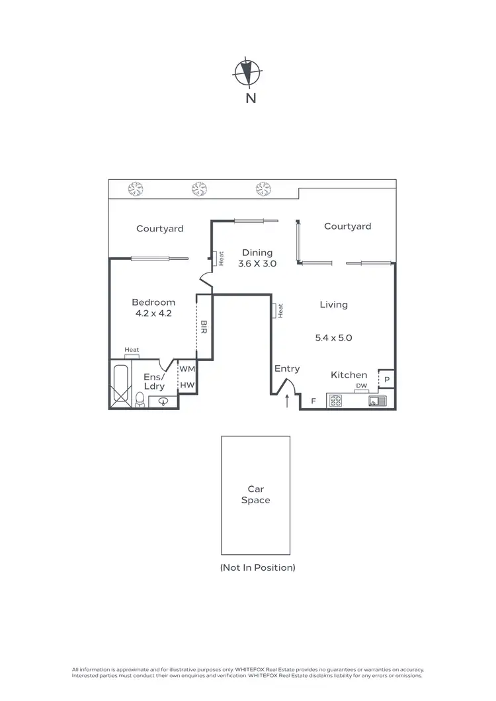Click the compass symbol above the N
(x=247, y=73)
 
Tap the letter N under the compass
(x=251, y=99)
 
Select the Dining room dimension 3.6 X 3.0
(x=257, y=263)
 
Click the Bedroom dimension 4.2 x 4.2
(x=153, y=313)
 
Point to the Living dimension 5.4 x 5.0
(x=333, y=337)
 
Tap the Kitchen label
(x=349, y=375)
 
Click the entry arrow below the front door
(x=287, y=401)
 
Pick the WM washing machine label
(x=187, y=369)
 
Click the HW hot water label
(x=187, y=385)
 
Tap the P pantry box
(x=387, y=379)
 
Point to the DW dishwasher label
(x=361, y=386)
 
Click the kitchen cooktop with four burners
(x=335, y=401)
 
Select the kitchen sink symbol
(x=377, y=401)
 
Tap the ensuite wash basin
(x=163, y=401)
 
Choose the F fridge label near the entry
(x=313, y=401)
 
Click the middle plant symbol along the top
(x=199, y=188)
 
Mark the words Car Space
(x=255, y=495)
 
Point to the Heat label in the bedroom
(x=132, y=350)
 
